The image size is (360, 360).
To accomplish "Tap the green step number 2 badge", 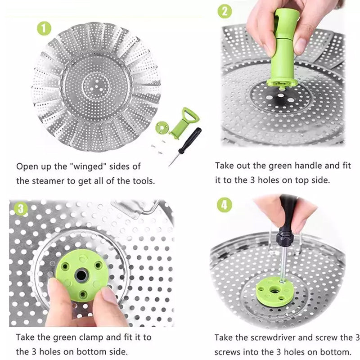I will (x=225, y=10).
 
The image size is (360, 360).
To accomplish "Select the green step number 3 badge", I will (x=20, y=209).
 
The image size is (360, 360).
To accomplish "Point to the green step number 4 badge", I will (x=225, y=205).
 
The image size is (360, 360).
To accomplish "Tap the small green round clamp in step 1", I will (x=162, y=127).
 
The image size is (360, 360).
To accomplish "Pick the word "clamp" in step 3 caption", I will (x=92, y=337).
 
